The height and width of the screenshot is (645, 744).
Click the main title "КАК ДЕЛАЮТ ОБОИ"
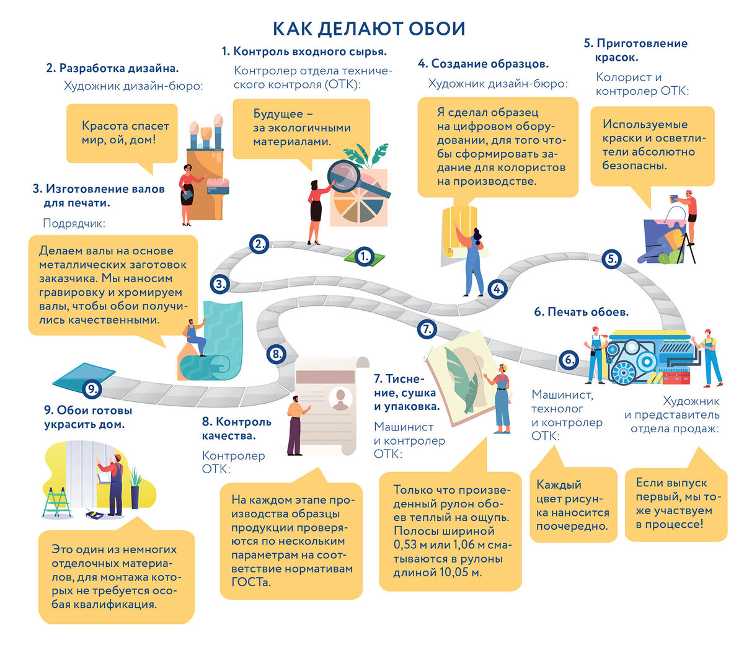tap(370, 29)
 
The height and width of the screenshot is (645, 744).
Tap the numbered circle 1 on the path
tap(365, 256)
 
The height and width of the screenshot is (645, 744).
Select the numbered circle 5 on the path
tap(611, 259)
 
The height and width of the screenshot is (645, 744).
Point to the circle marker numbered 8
tap(276, 355)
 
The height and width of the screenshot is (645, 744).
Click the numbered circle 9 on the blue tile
tap(91, 389)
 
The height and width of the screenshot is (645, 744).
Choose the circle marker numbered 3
tap(219, 285)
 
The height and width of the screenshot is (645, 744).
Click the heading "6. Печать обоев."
tap(581, 312)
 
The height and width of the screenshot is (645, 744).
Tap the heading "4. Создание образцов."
tap(483, 63)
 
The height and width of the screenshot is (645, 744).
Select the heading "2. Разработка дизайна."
tap(112, 68)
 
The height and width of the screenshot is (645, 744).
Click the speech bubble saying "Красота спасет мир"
tap(122, 133)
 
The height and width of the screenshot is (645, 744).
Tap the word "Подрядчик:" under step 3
tap(74, 223)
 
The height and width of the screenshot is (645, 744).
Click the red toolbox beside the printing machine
tap(676, 376)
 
